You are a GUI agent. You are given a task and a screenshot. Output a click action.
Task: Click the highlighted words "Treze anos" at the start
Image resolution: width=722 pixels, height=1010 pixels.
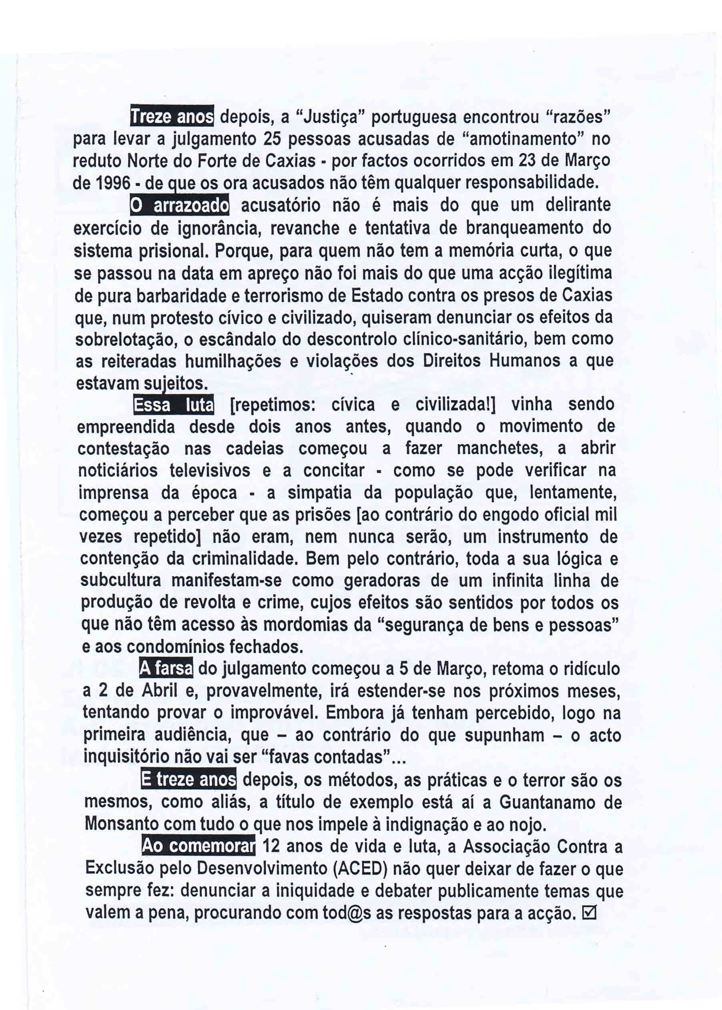(172, 116)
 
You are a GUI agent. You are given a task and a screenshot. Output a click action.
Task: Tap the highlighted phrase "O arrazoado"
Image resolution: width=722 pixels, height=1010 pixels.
(179, 205)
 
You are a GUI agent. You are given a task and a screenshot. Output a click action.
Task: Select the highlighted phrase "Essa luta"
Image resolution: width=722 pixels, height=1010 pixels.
(174, 405)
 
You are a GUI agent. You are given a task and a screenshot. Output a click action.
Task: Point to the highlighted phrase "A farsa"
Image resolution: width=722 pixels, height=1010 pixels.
(166, 669)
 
